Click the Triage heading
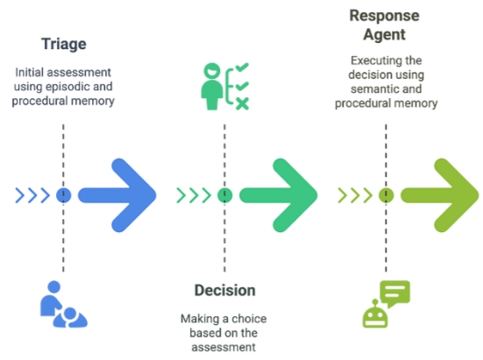tap(64, 45)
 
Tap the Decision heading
tap(225, 291)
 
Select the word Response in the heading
tap(384, 16)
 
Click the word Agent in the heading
tap(384, 34)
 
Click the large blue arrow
tap(117, 195)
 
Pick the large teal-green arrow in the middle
tap(278, 195)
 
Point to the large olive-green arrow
tap(439, 195)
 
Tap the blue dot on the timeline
tap(64, 195)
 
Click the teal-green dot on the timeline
tap(225, 195)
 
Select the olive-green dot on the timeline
tap(386, 195)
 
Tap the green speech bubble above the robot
tap(394, 293)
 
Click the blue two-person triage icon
tap(64, 304)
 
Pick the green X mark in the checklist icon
tap(243, 103)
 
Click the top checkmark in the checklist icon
tap(242, 67)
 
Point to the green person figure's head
tap(212, 71)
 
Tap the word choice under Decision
tap(249, 319)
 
